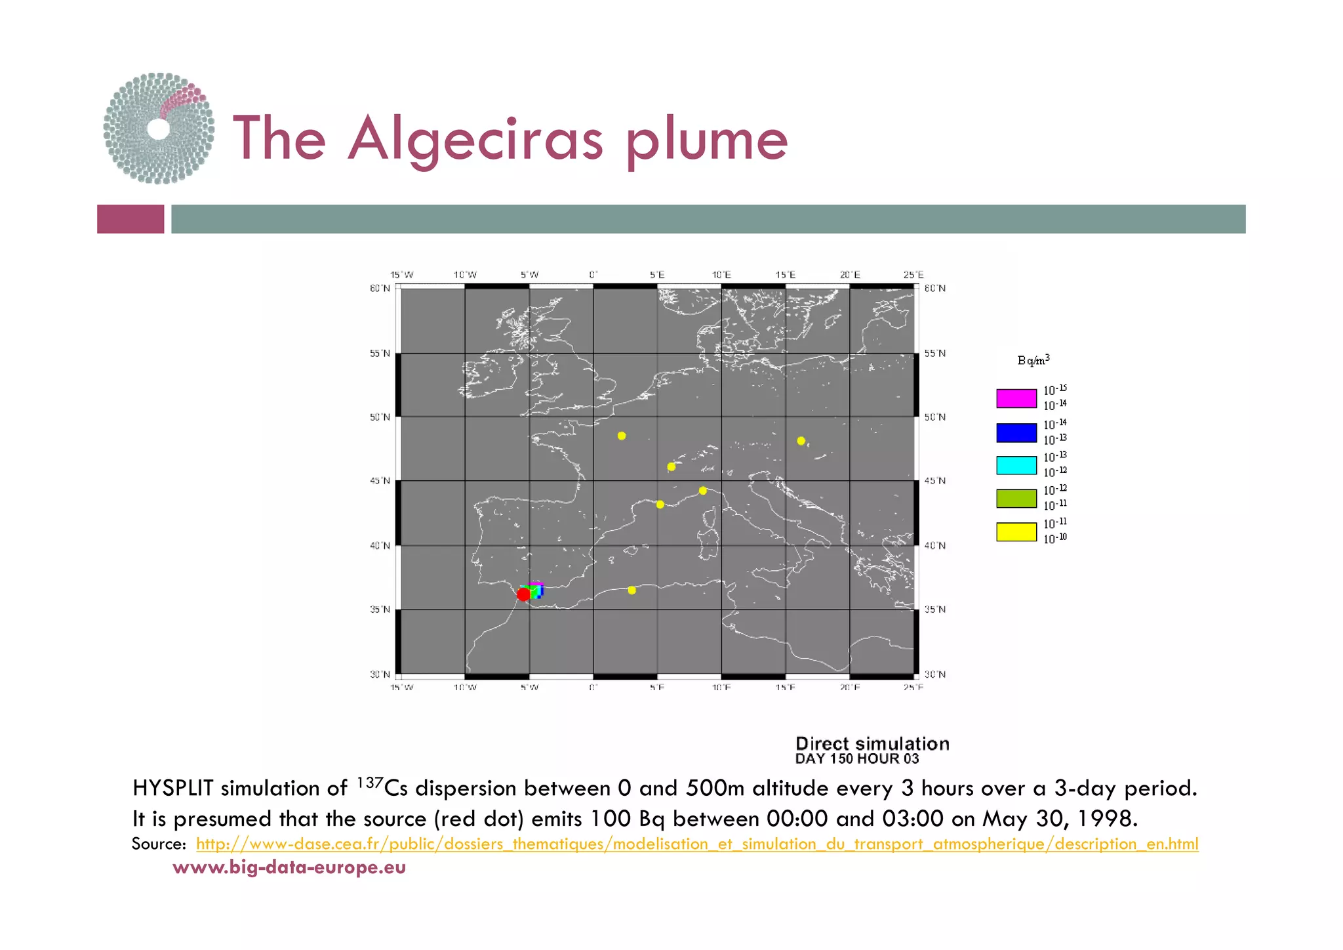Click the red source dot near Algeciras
click(x=523, y=594)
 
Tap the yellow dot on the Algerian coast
click(x=631, y=590)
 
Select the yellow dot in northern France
click(x=622, y=436)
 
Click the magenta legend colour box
click(x=1016, y=398)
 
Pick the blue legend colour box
click(x=1016, y=432)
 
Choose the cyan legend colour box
click(x=1016, y=465)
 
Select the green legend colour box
click(x=1016, y=499)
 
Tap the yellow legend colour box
click(x=1016, y=531)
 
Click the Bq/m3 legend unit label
click(x=1033, y=360)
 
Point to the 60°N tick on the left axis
click(x=380, y=289)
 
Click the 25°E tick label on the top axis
click(x=913, y=275)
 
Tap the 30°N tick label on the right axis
click(x=935, y=674)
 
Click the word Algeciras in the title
click(x=475, y=140)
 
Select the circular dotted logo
click(x=159, y=129)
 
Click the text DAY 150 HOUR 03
click(x=857, y=759)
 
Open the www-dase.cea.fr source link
click(x=697, y=844)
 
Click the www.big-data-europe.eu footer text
click(x=289, y=867)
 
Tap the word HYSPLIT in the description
click(x=173, y=788)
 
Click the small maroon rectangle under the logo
click(x=130, y=219)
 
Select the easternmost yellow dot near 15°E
click(x=801, y=441)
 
